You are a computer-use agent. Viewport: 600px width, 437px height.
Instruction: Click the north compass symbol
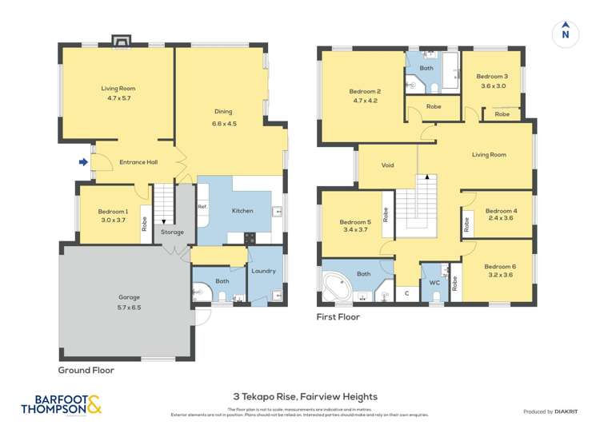[565, 32]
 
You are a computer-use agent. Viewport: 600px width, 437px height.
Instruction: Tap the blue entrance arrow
[83, 162]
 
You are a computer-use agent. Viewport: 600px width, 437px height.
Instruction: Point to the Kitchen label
[242, 211]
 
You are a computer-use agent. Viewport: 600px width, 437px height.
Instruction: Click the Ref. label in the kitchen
[202, 207]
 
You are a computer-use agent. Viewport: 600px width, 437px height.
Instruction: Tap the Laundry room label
[263, 271]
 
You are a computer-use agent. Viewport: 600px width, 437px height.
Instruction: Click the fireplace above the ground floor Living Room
[122, 40]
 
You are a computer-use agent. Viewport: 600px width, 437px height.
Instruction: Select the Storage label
[172, 232]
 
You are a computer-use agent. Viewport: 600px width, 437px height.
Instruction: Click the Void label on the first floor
[387, 165]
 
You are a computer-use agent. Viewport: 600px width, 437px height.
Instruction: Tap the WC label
[434, 282]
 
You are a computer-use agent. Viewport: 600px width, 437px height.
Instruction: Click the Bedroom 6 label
[500, 266]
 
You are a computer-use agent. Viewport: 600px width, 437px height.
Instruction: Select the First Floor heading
[340, 316]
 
